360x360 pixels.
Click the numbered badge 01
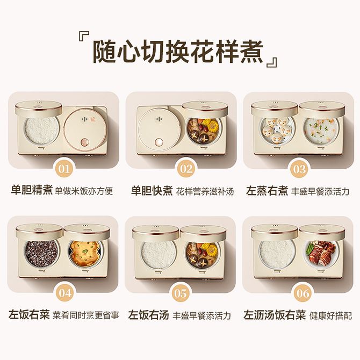point(64,169)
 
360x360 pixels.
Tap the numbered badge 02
point(186,169)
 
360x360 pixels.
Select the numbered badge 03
point(299,169)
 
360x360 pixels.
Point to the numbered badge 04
point(65,293)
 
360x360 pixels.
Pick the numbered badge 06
point(303,293)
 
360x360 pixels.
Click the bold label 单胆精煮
point(32,190)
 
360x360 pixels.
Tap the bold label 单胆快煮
point(152,191)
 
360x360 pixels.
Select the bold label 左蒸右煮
point(267,191)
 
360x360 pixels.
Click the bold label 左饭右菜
point(29,314)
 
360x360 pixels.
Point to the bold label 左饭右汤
point(148,315)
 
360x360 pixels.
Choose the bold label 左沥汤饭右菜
point(275,314)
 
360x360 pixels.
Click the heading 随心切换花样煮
point(178,52)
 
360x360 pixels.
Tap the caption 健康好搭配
point(330,315)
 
